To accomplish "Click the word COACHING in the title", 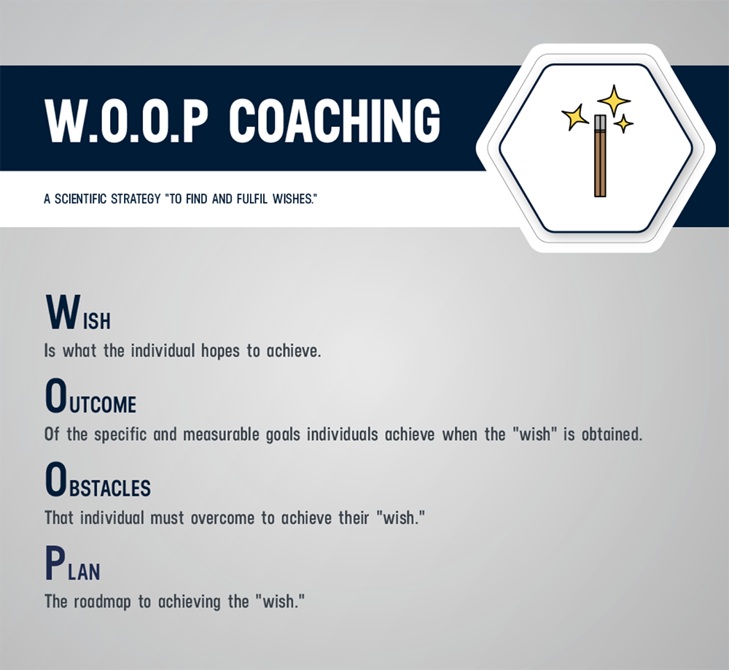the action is [335, 120].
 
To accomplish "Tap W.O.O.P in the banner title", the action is [125, 120].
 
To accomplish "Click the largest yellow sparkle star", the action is [614, 100].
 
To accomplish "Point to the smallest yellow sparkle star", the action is [623, 124].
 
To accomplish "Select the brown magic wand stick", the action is [600, 163].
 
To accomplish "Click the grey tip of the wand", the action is [600, 123].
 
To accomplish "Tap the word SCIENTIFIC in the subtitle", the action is [81, 199].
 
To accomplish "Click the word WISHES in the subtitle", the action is [292, 199].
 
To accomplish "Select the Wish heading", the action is [78, 312].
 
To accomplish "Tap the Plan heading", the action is [72, 563].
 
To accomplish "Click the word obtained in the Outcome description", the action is [612, 434].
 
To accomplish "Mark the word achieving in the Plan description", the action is [190, 602].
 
